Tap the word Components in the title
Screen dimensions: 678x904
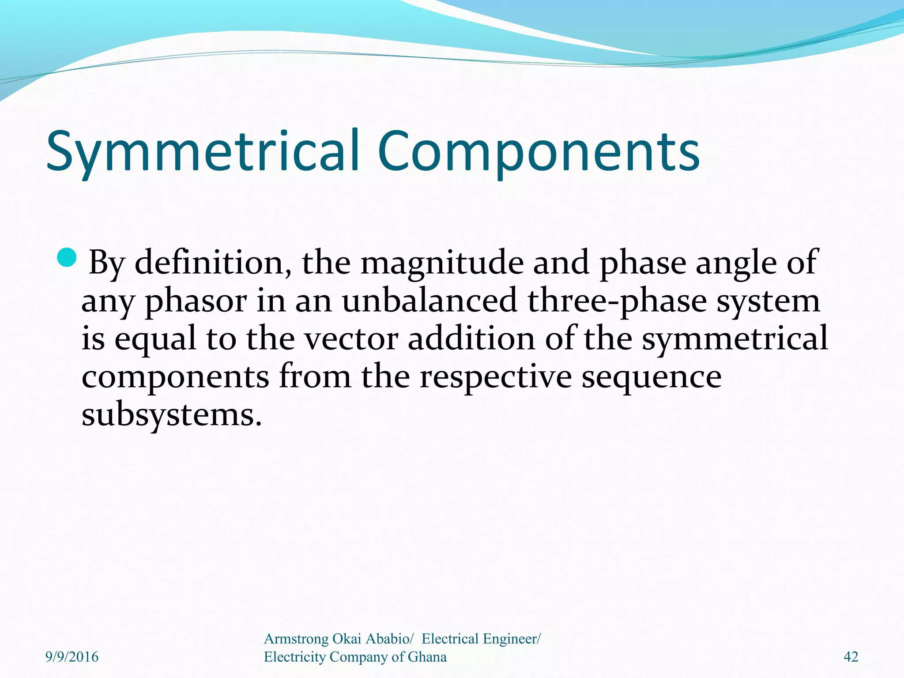click(538, 151)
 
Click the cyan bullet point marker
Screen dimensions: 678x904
click(67, 257)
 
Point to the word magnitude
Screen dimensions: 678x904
click(442, 263)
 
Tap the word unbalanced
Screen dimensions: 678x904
click(429, 301)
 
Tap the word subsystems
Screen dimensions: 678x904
click(171, 415)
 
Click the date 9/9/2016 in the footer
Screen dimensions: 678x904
click(72, 657)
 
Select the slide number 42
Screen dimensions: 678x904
click(851, 657)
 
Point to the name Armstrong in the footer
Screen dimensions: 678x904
click(296, 639)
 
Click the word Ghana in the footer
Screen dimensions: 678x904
click(427, 657)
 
